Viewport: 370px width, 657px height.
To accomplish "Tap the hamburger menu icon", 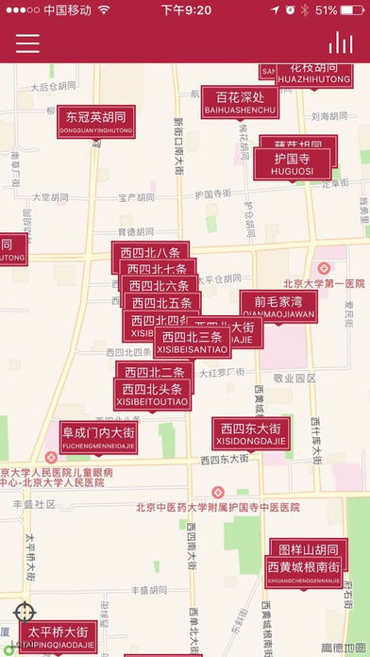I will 27,43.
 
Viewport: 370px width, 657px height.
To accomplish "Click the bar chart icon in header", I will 340,43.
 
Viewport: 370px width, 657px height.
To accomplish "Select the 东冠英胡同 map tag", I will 95,122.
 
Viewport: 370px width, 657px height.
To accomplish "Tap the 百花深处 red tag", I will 240,102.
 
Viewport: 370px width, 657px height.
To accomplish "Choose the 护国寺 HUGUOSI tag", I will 293,163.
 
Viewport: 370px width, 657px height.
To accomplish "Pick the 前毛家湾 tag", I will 277,306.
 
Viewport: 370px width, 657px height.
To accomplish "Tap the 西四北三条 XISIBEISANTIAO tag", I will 192,342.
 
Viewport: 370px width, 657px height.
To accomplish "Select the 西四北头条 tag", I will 151,394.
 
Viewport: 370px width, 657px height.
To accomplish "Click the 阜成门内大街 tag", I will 98,437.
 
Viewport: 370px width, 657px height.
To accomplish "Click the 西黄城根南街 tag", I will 303,570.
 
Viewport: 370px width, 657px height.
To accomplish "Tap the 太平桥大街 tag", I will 61,635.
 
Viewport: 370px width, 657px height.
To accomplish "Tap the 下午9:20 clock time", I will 185,9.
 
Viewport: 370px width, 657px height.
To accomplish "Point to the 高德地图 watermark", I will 343,648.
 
